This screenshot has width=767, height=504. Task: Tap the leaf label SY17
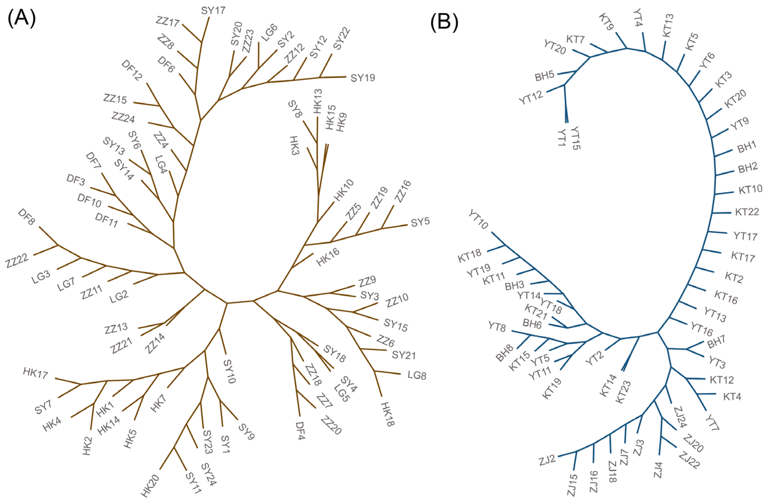213,11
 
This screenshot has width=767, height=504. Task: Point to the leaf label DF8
27,217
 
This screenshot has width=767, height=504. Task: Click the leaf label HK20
150,485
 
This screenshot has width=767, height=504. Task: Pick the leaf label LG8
417,375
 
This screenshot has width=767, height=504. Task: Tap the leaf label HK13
317,101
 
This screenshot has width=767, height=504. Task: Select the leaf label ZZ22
17,261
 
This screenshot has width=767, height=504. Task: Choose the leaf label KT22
747,212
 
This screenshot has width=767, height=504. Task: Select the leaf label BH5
544,76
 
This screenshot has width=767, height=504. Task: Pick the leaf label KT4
732,396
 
